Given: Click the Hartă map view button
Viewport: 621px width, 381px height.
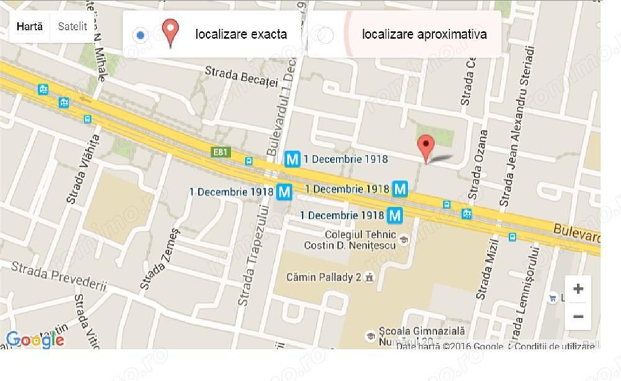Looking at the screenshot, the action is tap(30, 27).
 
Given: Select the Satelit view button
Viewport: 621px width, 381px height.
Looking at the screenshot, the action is tap(72, 27).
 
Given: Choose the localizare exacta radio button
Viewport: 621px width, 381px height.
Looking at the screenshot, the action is tap(140, 35).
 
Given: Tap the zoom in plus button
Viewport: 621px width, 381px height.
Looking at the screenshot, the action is tap(578, 289).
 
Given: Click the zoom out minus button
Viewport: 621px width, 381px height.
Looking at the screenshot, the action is tap(578, 316).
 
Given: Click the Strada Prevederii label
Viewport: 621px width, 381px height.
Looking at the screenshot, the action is tap(59, 276).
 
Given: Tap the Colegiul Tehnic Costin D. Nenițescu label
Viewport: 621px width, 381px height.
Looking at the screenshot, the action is tap(351, 240).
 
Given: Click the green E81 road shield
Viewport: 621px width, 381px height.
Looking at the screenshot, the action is tap(220, 151).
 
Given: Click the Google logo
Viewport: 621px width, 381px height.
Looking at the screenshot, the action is tap(35, 339).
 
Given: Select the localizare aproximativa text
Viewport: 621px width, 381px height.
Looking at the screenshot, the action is tap(424, 35).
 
